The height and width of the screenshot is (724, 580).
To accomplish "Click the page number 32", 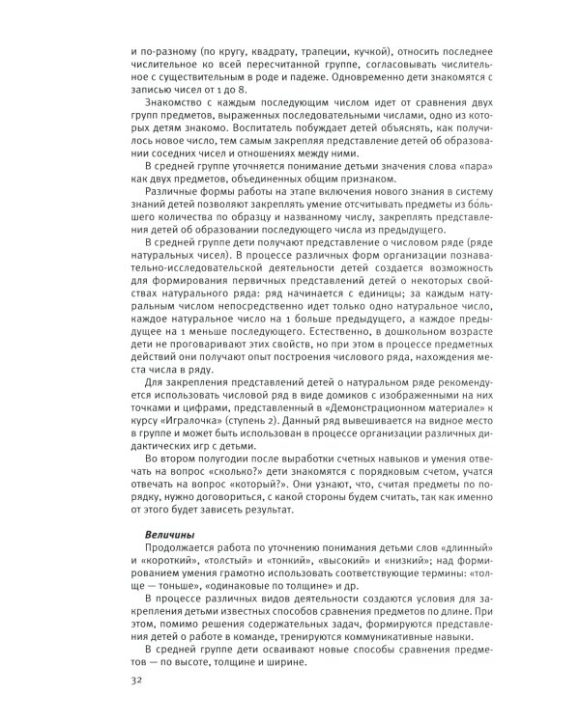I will [x=135, y=682].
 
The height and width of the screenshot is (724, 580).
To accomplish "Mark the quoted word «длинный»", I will [x=461, y=547].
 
